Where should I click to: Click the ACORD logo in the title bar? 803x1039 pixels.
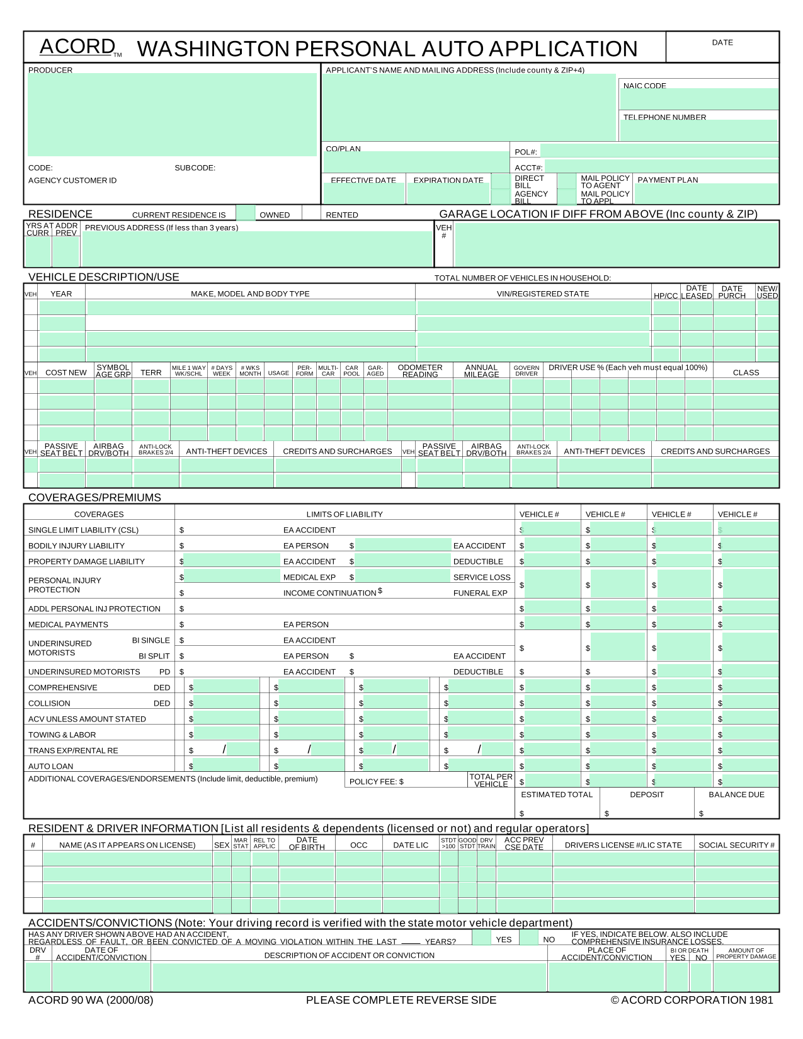click(x=78, y=47)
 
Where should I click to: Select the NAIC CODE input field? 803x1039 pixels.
click(x=699, y=100)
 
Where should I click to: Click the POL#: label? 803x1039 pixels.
click(x=526, y=152)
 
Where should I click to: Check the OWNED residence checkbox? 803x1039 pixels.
click(x=246, y=213)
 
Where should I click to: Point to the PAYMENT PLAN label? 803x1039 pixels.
click(x=668, y=180)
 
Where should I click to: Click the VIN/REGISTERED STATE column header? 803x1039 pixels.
click(x=542, y=294)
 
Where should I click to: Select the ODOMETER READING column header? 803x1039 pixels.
click(x=420, y=371)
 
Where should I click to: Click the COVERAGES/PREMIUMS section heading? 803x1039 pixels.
click(x=94, y=497)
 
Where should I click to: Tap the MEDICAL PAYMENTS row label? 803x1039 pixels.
click(x=68, y=624)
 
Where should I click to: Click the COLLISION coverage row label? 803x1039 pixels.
click(x=49, y=703)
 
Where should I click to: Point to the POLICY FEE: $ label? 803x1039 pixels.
click(x=376, y=781)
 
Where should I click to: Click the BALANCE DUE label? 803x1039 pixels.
click(x=736, y=795)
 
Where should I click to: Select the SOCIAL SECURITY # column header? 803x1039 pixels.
click(x=736, y=845)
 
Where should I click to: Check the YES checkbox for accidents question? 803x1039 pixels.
click(x=481, y=938)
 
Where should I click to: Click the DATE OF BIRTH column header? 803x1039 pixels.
click(x=307, y=844)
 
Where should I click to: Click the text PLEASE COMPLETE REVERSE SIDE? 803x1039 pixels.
click(x=401, y=1000)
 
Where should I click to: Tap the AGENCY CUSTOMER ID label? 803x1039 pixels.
click(x=72, y=180)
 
